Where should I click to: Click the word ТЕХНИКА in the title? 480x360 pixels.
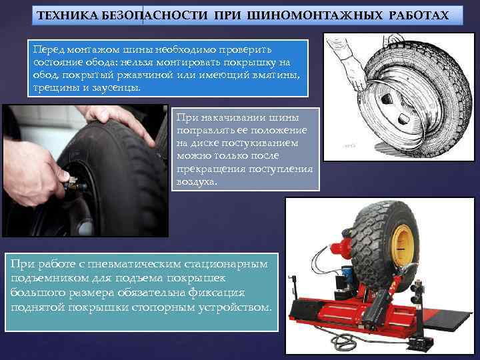click(x=67, y=15)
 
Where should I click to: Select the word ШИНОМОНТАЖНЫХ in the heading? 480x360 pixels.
click(x=315, y=15)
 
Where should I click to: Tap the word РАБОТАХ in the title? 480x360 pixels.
click(x=419, y=15)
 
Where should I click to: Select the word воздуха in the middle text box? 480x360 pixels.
click(x=197, y=182)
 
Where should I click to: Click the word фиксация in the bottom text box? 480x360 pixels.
click(x=217, y=293)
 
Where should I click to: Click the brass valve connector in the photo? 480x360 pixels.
click(x=72, y=183)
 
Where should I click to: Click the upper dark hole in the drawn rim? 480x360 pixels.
click(x=387, y=99)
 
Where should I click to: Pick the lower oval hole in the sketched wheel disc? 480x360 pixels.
click(x=404, y=119)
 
